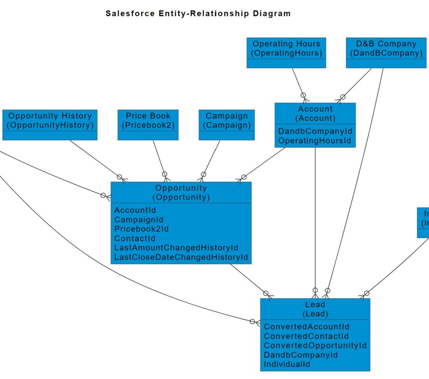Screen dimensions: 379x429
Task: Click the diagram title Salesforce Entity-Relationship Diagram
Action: click(198, 13)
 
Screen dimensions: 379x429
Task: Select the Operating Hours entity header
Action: click(286, 48)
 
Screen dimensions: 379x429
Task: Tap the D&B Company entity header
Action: click(386, 48)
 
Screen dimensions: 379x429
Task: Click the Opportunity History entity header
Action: click(50, 120)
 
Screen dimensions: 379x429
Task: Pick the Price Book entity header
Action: click(148, 120)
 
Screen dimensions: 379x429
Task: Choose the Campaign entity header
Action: click(227, 120)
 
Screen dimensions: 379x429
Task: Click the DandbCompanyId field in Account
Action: click(315, 131)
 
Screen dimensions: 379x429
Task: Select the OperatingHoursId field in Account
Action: click(315, 141)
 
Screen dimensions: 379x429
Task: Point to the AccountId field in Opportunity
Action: click(135, 210)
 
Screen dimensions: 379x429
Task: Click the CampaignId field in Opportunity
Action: click(139, 219)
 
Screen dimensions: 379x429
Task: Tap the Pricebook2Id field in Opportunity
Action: click(142, 229)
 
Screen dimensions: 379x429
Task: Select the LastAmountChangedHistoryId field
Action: click(176, 248)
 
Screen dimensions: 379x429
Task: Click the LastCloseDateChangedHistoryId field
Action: click(181, 257)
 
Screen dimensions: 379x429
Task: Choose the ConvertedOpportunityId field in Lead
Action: click(315, 345)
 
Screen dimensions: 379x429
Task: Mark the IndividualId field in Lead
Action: click(287, 364)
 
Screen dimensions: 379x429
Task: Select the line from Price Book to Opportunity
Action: click(159, 156)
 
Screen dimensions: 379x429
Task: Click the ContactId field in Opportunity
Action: click(135, 238)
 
